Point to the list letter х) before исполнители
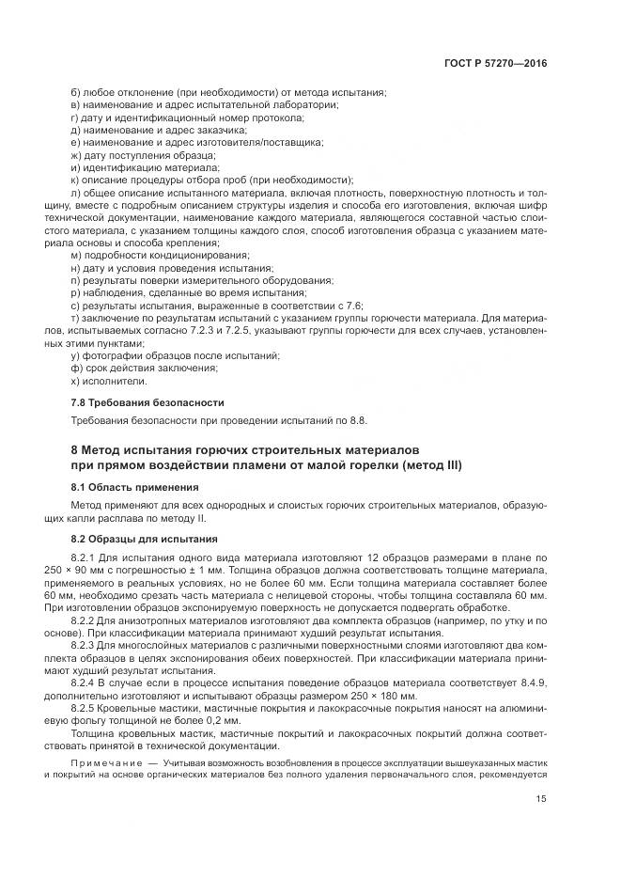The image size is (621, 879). pos(75,381)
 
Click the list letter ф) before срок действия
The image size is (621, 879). pos(76,369)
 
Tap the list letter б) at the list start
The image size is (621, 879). pos(75,91)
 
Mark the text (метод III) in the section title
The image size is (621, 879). pos(429,465)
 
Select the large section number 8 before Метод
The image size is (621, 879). pos(76,448)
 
